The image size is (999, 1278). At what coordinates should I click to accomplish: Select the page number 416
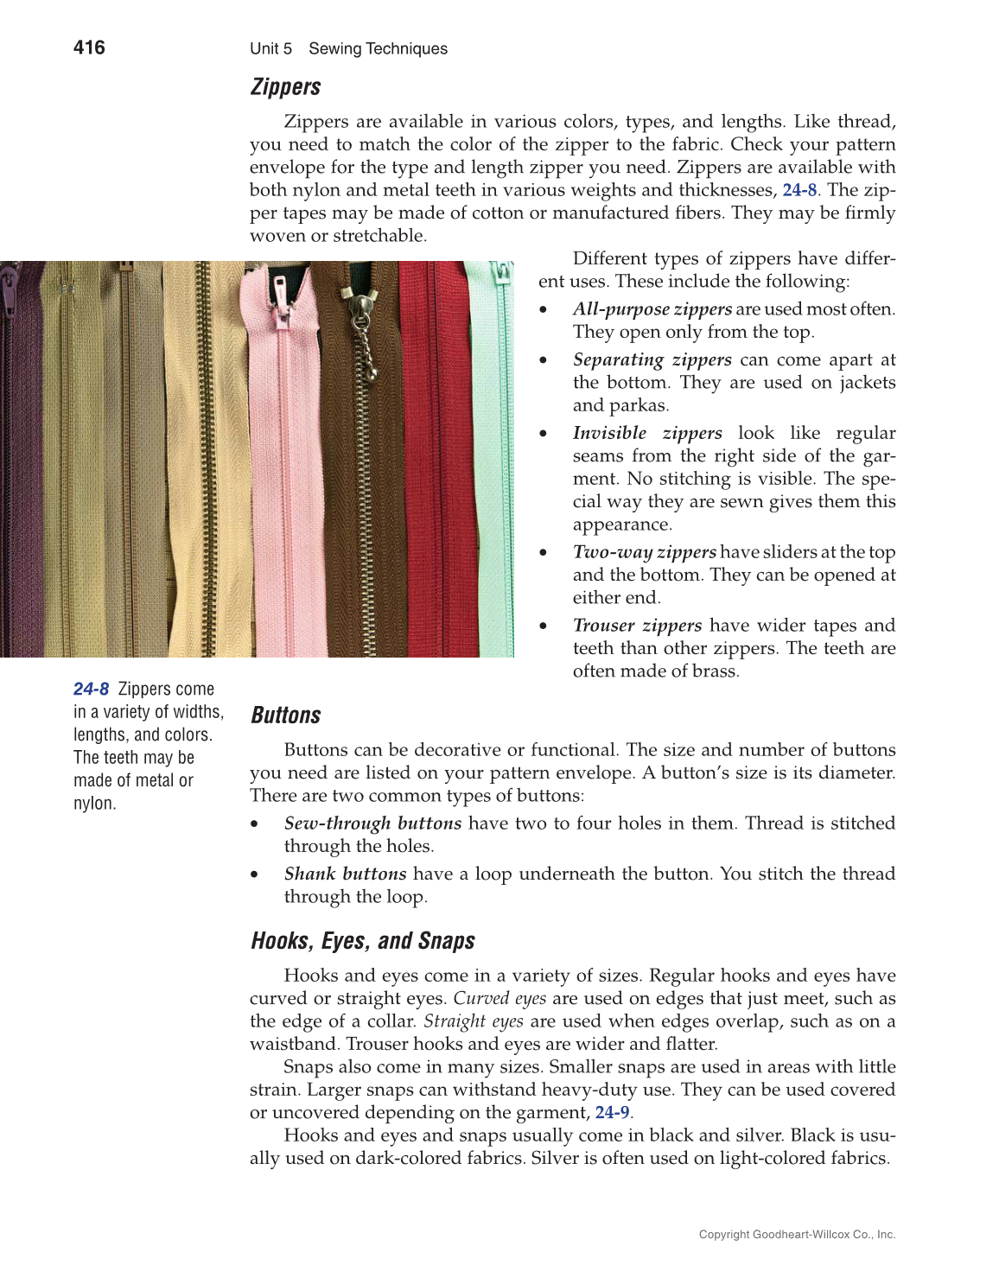[x=89, y=48]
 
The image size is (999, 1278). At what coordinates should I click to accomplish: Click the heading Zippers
[x=285, y=87]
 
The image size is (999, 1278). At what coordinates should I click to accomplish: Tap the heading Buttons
[x=285, y=715]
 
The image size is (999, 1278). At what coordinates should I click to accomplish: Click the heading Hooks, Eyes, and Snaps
[x=362, y=941]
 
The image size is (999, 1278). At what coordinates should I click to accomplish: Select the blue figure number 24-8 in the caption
[x=91, y=689]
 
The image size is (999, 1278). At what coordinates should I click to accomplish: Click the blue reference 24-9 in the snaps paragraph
[x=612, y=1112]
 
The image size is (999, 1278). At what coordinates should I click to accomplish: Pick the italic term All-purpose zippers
[x=652, y=309]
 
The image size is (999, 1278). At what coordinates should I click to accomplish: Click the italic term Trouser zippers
[x=637, y=626]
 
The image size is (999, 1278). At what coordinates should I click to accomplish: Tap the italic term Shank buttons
[x=345, y=874]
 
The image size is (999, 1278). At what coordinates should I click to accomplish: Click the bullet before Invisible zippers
[x=543, y=434]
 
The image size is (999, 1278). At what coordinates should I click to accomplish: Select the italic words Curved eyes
[x=499, y=998]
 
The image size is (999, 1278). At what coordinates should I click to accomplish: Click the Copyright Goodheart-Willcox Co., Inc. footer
[x=797, y=1235]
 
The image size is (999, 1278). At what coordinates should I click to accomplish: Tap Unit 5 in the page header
[x=270, y=49]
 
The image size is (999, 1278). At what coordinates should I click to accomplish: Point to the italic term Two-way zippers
[x=644, y=552]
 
